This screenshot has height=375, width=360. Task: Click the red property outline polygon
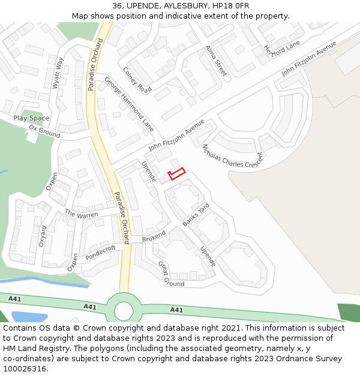pos(176,174)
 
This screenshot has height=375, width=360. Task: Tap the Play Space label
pos(31,118)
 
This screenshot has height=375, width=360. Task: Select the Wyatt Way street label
pos(58,73)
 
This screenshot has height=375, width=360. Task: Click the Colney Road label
pos(137,80)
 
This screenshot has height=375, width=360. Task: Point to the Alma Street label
pos(216,61)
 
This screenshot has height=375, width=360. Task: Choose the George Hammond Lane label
pos(129,104)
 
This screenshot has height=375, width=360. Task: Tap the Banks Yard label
pos(196,215)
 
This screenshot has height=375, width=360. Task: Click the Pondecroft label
pos(100,253)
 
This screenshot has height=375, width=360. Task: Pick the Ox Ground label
pos(45,131)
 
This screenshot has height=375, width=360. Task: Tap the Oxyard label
pos(42,236)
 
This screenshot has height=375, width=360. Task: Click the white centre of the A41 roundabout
pos(124,310)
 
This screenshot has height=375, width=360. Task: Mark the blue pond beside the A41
pos(28,316)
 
